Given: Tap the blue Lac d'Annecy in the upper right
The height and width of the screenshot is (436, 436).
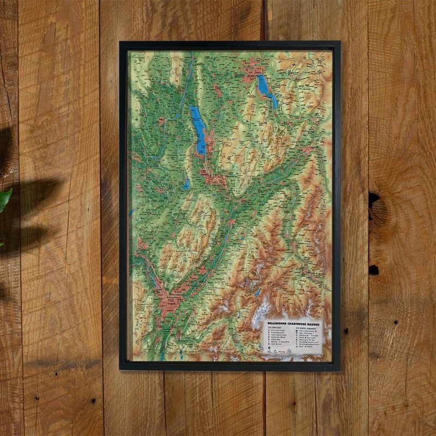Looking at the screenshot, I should coord(267,90).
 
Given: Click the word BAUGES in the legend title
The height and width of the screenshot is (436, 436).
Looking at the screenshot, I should coord(316,323).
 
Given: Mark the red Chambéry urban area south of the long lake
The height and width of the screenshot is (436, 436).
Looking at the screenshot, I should coord(213,178).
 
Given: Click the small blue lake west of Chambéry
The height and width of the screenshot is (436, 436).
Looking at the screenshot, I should coord(187,184).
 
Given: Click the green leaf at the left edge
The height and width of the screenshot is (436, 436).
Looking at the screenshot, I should coord(4,199).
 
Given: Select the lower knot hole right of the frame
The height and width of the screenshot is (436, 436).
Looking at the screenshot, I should coord(374,269).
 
